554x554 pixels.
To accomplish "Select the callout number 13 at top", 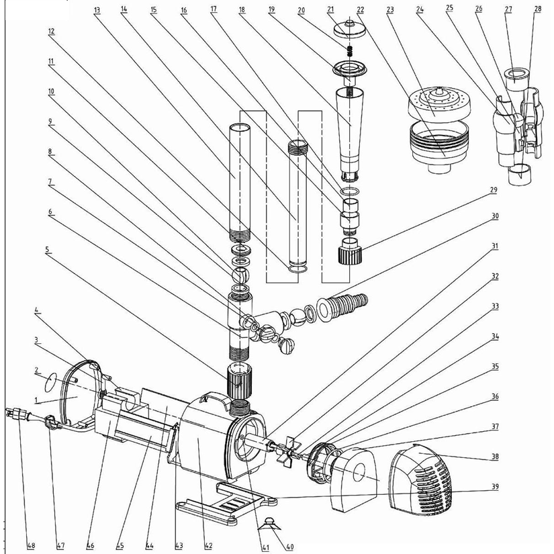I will click(x=97, y=9).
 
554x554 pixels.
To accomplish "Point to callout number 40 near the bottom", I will click(x=289, y=545).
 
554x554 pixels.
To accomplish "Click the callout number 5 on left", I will click(x=48, y=249).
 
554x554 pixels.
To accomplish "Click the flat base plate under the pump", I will click(x=224, y=500).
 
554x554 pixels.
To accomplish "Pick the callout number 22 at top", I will click(x=361, y=9).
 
